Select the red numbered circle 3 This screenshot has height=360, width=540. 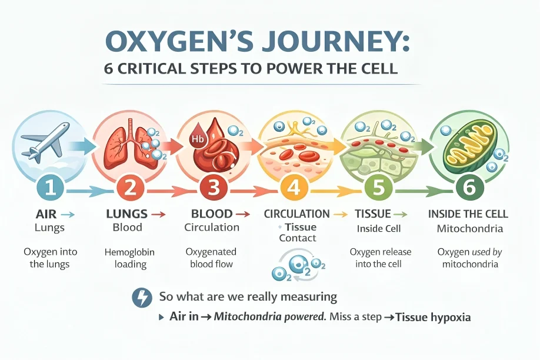[x=211, y=188]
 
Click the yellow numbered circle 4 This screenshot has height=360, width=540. [x=292, y=188]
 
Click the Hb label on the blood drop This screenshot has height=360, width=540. [x=195, y=139]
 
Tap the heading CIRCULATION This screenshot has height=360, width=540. [x=297, y=214]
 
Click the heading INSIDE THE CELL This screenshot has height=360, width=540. [x=468, y=214]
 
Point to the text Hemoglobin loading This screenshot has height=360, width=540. [x=129, y=258]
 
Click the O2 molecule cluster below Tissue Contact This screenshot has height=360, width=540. [x=297, y=265]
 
